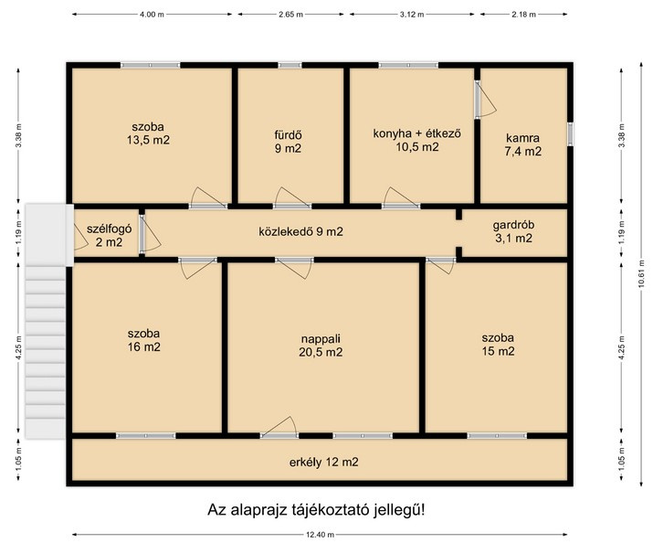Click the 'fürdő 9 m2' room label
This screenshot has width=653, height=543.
(288, 142)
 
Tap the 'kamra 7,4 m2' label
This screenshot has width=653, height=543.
(523, 144)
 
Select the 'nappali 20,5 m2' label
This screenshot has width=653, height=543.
(321, 346)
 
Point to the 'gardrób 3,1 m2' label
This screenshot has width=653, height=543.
(513, 231)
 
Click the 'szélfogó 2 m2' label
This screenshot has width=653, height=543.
(109, 236)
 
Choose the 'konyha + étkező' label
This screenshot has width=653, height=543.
(416, 133)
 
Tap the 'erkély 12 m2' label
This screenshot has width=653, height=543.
(323, 463)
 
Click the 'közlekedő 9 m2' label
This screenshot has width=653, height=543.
(300, 231)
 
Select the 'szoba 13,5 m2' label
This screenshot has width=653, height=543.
(148, 133)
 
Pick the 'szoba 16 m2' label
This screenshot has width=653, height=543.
(143, 340)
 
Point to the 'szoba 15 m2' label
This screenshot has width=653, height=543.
(498, 345)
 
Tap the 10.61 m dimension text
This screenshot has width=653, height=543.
(641, 273)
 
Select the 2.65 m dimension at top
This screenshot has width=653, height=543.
(290, 14)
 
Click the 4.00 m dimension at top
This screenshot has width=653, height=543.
(152, 14)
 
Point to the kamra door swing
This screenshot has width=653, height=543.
(486, 99)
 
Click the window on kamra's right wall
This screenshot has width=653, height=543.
(571, 134)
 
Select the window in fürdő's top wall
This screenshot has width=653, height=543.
(290, 65)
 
